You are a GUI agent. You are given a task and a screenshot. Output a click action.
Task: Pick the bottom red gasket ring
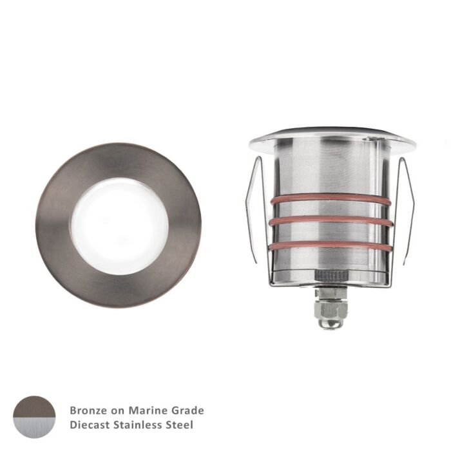[331, 245]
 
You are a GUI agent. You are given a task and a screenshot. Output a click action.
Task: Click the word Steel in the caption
[180, 425]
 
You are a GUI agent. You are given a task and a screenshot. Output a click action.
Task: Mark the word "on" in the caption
[115, 410]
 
